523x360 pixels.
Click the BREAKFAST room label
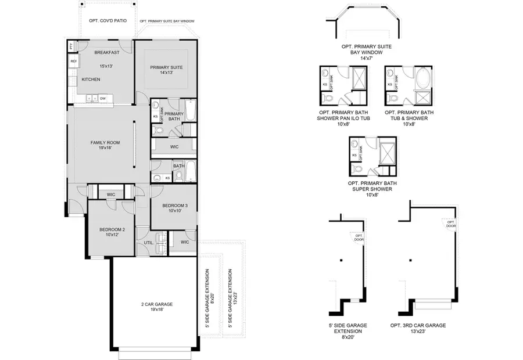(107, 53)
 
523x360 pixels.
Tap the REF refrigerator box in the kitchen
(74, 61)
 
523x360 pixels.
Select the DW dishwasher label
(102, 99)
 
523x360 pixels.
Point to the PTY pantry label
(71, 46)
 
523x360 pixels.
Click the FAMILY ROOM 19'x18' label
(105, 145)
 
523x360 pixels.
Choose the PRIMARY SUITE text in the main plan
(166, 67)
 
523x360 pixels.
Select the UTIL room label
(148, 243)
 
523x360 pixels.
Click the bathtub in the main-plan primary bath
(191, 110)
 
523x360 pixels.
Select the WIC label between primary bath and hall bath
(174, 147)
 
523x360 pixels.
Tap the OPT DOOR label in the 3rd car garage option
(450, 223)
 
